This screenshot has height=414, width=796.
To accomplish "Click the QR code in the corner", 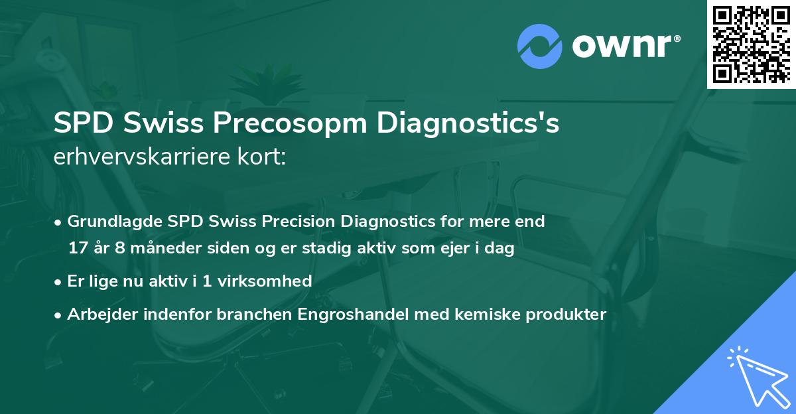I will (751, 44).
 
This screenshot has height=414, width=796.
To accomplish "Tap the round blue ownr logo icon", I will (539, 46).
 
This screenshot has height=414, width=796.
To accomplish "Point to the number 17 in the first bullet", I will (77, 249).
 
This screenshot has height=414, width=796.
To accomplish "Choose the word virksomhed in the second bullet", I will (265, 281).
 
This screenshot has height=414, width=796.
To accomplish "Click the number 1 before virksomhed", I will (207, 281).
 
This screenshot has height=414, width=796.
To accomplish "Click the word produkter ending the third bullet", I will (568, 314).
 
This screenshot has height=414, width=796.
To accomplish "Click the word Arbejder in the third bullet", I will (97, 314).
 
